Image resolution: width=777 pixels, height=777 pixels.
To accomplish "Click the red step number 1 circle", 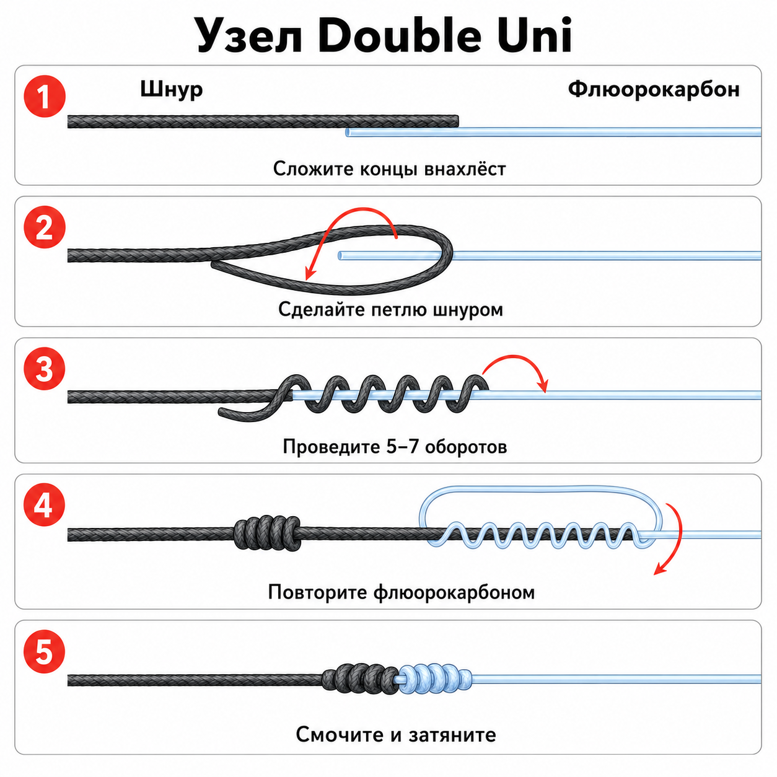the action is (x=45, y=97).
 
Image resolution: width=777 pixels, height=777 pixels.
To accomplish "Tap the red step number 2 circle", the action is (x=45, y=227).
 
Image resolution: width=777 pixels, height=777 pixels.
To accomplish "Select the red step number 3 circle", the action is (x=45, y=369).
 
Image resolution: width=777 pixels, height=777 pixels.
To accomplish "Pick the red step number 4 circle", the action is (x=45, y=504).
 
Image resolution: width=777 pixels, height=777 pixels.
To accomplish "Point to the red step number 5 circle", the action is (x=45, y=651).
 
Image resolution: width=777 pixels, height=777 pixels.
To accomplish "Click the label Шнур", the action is (x=172, y=90).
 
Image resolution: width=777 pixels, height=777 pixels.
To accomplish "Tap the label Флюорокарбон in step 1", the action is (x=654, y=89).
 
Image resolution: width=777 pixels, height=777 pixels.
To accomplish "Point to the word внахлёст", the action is (x=465, y=169).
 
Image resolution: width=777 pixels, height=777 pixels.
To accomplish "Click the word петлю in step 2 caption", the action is (x=398, y=310).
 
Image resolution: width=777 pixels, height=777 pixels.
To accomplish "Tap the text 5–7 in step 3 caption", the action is (x=402, y=446).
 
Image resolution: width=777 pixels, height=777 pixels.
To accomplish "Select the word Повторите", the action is (x=318, y=592).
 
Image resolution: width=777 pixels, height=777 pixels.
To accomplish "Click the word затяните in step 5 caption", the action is (x=452, y=734).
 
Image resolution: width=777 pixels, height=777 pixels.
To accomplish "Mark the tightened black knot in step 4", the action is (x=267, y=533).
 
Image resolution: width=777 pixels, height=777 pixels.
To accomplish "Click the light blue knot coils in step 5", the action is (x=435, y=680).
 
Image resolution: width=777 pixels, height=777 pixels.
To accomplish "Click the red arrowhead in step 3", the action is (x=544, y=386).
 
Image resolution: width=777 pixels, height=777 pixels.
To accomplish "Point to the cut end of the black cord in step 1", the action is (x=457, y=121).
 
